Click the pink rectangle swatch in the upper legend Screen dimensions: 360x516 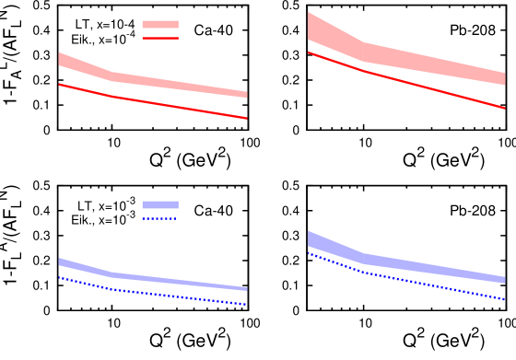(x=159, y=25)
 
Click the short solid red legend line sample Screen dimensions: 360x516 (x=159, y=39)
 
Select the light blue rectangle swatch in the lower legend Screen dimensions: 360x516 (x=159, y=204)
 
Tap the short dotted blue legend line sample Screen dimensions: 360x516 (x=159, y=219)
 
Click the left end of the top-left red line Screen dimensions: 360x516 (x=59, y=85)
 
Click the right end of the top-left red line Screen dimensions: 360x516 (x=246, y=118)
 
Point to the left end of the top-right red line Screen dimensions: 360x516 (x=308, y=52)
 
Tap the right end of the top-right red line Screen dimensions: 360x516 (x=504, y=108)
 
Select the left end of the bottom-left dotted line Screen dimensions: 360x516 (x=59, y=277)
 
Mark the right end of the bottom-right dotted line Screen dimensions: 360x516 (x=504, y=299)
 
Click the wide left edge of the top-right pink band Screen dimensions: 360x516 (x=310, y=26)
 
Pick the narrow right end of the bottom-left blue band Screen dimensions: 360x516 (x=245, y=289)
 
